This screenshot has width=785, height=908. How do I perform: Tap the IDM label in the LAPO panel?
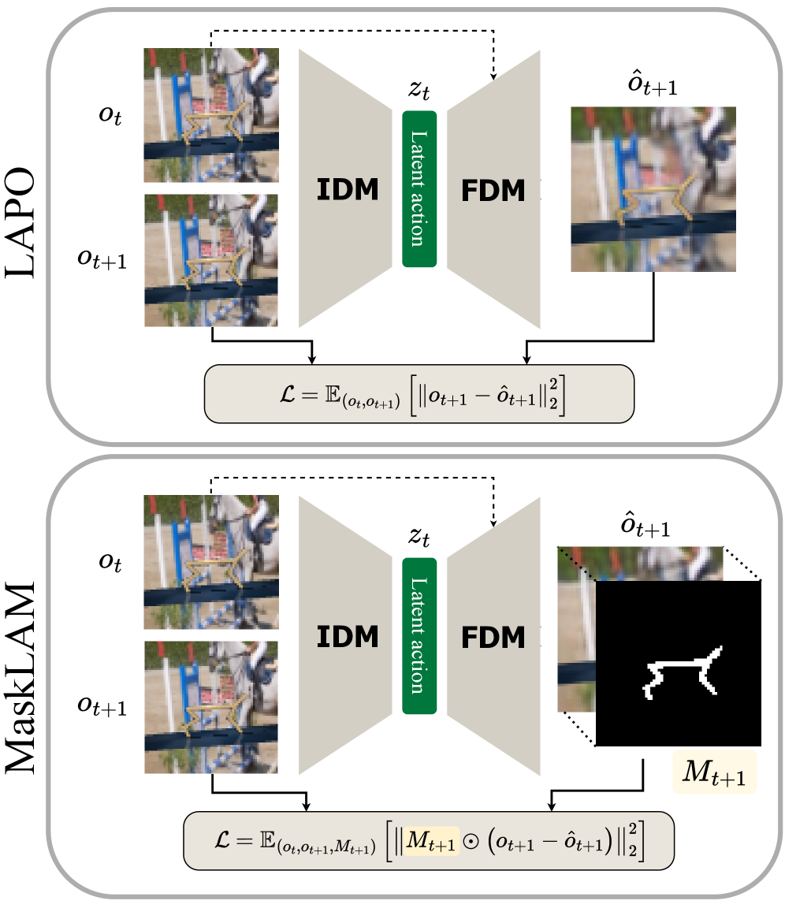click(x=347, y=190)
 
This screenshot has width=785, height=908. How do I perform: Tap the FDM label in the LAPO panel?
click(x=493, y=190)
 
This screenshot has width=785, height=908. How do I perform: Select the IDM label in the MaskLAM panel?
click(x=347, y=636)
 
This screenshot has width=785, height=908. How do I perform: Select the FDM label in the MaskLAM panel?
click(x=493, y=636)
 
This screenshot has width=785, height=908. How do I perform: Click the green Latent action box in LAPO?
click(x=419, y=189)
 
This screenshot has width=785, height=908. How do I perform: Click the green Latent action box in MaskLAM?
click(x=419, y=636)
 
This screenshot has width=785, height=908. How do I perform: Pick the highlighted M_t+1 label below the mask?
click(x=714, y=773)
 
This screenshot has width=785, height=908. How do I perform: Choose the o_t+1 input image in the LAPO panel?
click(x=211, y=261)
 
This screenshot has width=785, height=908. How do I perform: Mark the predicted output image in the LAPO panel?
click(x=654, y=189)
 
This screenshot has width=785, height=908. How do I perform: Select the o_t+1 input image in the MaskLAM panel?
click(x=211, y=707)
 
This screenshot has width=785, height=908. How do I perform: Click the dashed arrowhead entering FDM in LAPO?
click(x=494, y=77)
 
